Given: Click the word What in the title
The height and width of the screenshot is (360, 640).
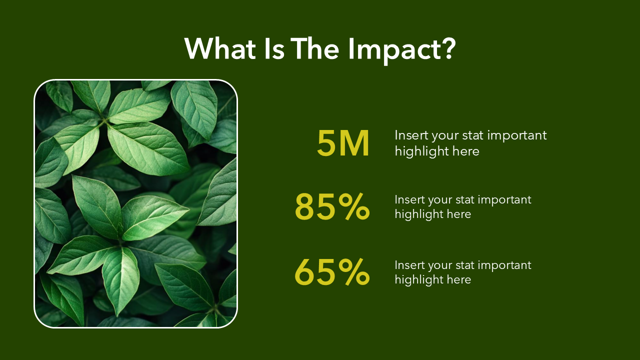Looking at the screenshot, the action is [x=220, y=48].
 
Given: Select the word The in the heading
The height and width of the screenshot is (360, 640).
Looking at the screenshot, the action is [x=315, y=48].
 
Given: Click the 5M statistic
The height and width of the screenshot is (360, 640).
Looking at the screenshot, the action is [x=343, y=143].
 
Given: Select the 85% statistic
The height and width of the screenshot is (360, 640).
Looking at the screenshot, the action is [x=332, y=206].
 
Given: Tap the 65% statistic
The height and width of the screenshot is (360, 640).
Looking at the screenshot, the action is [x=332, y=272].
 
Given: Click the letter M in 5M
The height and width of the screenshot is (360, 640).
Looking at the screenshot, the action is [x=354, y=143].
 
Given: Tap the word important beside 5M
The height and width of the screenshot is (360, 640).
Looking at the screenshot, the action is [x=517, y=135].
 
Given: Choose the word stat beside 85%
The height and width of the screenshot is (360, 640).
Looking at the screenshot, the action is [x=464, y=200].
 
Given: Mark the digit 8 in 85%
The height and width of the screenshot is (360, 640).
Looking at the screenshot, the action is [x=305, y=206].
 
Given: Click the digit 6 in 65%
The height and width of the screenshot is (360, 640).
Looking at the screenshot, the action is [x=305, y=272].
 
